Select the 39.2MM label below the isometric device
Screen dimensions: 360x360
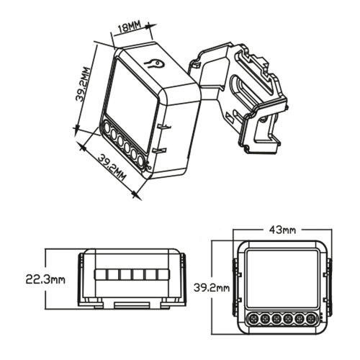coord(112,166)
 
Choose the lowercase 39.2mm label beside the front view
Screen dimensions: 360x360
coord(212,288)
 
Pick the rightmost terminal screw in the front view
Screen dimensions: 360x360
coord(312,318)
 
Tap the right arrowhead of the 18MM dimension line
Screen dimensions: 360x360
coord(151,26)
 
